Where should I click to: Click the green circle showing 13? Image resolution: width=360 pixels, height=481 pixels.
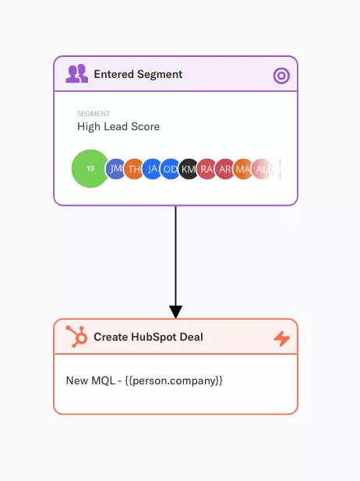point(90,168)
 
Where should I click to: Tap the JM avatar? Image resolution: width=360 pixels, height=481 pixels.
point(115,168)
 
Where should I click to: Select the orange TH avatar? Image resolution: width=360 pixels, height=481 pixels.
point(134,168)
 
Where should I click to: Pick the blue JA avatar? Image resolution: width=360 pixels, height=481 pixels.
point(152,168)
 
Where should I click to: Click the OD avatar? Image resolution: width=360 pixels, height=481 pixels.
point(171,168)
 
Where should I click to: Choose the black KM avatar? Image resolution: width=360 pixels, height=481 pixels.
point(189,168)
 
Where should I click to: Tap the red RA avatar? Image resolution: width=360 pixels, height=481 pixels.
point(207,168)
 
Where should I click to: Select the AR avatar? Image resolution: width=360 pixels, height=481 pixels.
point(225,168)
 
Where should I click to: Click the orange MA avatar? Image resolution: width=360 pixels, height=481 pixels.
point(243,168)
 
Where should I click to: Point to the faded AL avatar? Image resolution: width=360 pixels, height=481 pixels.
point(261,168)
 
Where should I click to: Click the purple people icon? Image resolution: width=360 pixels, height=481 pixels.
point(77,73)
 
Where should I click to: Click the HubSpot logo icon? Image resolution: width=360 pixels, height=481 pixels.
point(76,337)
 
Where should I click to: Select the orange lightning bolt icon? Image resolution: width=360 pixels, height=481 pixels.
point(281,338)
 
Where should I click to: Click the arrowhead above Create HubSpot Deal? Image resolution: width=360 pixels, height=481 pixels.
point(175,312)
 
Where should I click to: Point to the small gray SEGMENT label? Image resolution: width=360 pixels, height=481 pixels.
point(94,114)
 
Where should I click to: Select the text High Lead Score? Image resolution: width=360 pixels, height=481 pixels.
point(118,126)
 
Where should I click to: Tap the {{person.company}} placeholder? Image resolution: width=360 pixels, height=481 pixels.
point(174,380)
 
